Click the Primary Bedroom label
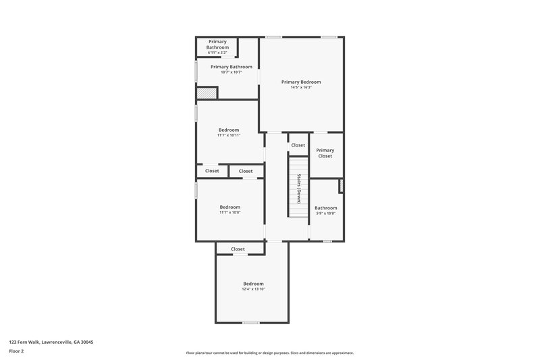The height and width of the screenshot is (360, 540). (301, 82)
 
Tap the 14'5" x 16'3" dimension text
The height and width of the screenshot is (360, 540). (301, 87)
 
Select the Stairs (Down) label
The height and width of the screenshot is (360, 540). (298, 188)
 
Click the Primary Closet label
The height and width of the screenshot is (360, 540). (325, 153)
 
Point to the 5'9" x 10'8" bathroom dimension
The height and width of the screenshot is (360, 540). (325, 213)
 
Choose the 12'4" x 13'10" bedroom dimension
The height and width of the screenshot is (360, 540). (253, 289)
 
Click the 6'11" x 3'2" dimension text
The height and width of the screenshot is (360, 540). (217, 52)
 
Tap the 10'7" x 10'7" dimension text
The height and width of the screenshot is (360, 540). (232, 72)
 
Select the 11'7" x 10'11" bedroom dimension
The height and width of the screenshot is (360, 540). (229, 135)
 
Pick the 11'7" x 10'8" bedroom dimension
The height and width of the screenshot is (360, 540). (230, 213)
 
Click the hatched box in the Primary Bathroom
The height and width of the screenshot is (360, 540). (206, 93)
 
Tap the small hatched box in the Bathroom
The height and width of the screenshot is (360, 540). (342, 186)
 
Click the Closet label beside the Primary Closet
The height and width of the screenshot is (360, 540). (298, 145)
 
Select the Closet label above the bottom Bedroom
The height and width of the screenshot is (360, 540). (238, 249)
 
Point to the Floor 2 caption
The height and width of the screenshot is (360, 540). (17, 351)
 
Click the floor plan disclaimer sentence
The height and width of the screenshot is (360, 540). (270, 353)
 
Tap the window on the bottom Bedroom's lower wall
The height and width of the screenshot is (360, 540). (251, 322)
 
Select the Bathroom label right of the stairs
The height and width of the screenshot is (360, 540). (325, 208)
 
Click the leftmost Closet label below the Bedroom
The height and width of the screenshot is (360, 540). (212, 171)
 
